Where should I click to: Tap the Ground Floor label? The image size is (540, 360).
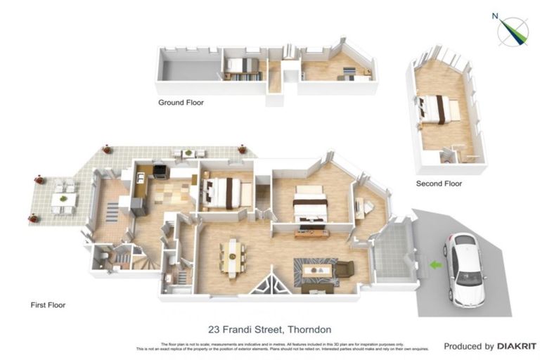coord(181,103)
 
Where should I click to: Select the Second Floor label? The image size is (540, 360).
coord(439,184)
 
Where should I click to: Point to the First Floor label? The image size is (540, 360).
coord(48,305)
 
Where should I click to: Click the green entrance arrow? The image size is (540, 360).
coord(436,265)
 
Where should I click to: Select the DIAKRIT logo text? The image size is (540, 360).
coord(517,346)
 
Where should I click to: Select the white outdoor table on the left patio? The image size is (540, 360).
coord(64,199)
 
